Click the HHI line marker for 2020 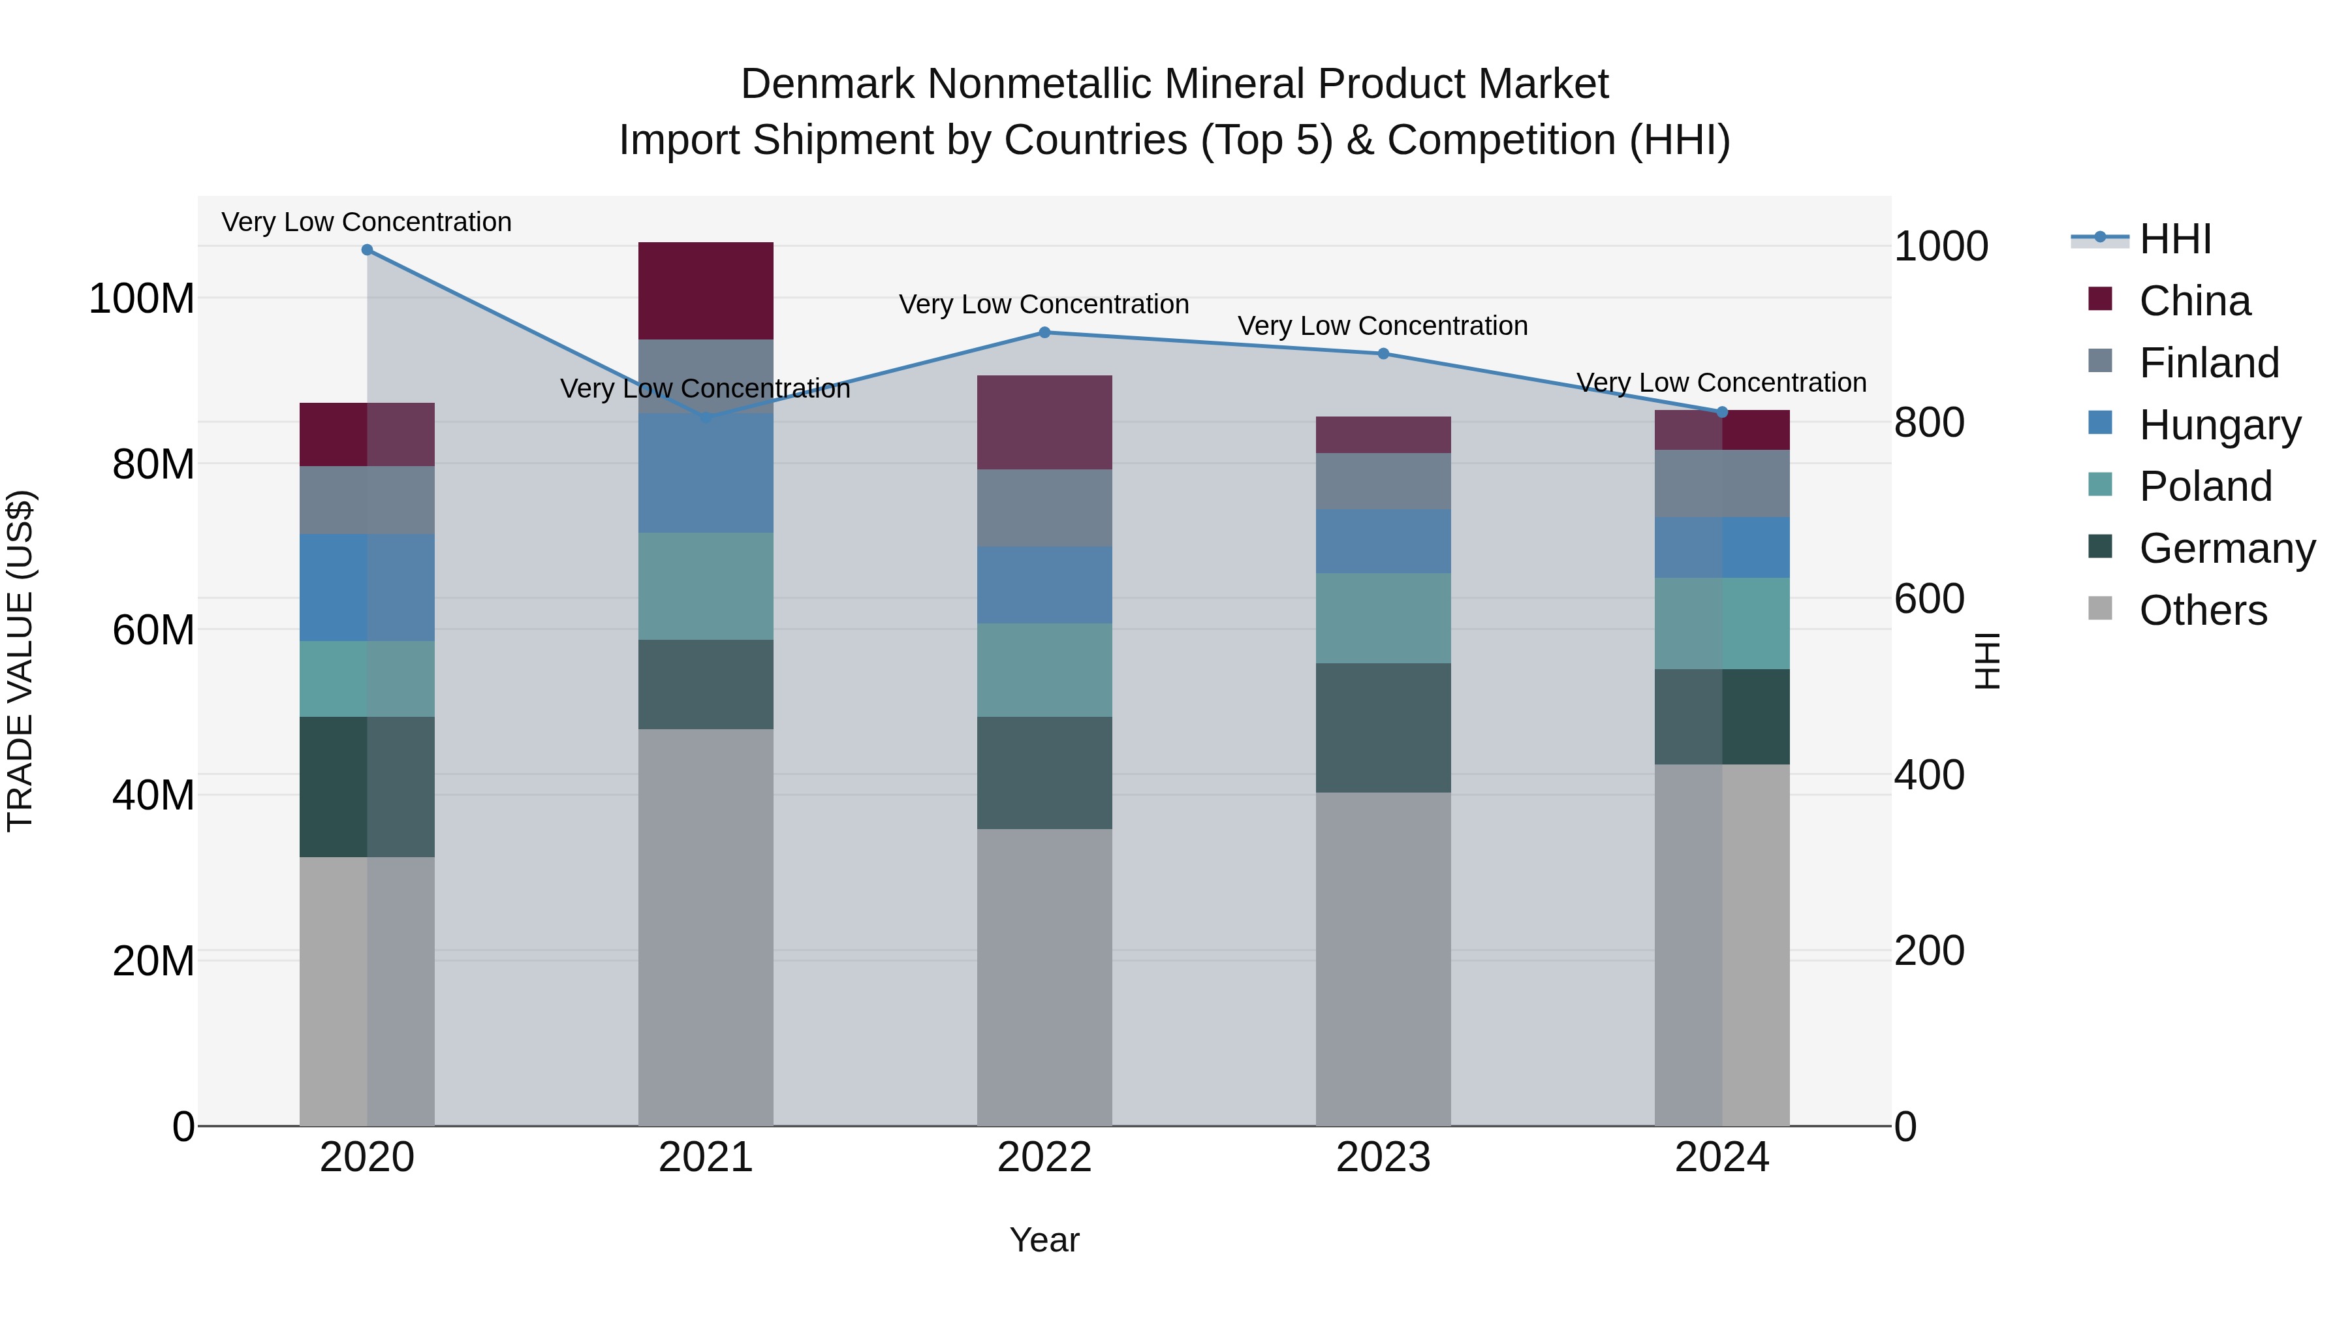point(367,250)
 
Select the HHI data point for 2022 point(1044,332)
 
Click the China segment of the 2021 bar point(705,290)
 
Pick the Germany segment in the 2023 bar point(1383,727)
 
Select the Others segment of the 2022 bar point(1044,976)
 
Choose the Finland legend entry point(2208,363)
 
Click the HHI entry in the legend point(2175,239)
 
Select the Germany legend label point(2227,548)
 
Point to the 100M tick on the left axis point(142,299)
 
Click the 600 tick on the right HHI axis point(1928,599)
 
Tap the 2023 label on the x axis point(1383,1157)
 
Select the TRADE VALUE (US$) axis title point(20,661)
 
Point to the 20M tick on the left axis point(153,961)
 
